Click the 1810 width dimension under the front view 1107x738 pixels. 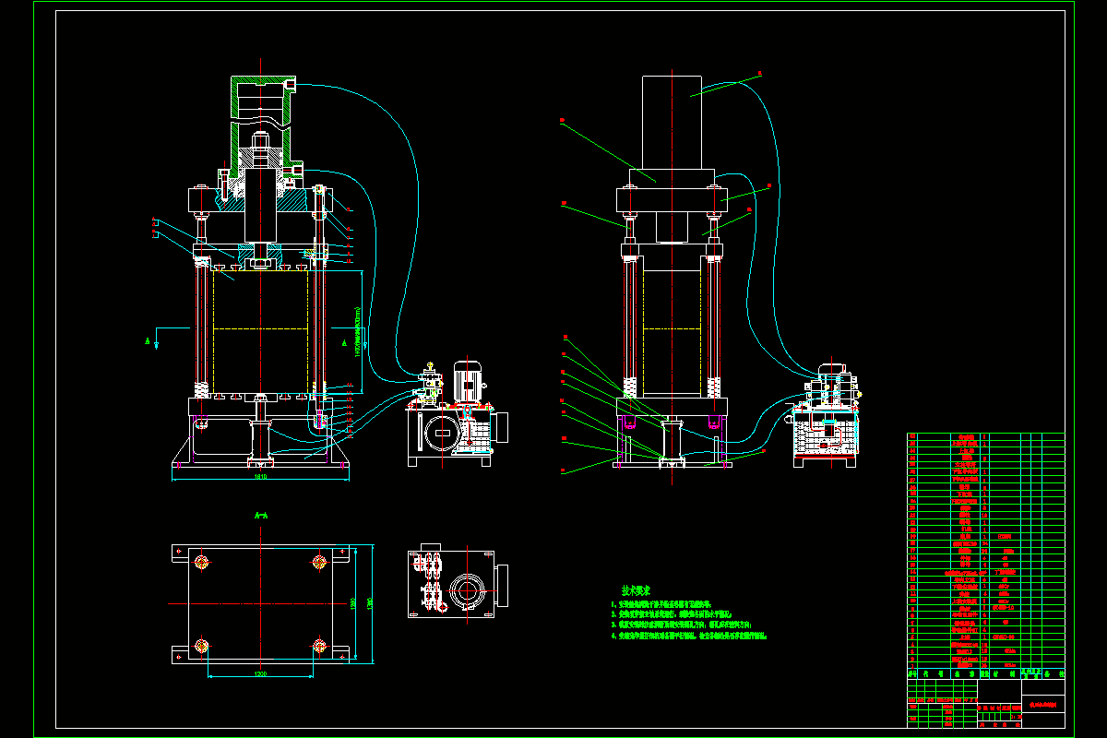(x=260, y=477)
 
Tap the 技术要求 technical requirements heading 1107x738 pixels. (x=637, y=589)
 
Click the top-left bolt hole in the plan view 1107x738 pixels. (x=203, y=561)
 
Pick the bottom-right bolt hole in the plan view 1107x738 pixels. (x=319, y=645)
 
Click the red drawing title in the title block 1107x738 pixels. (x=1042, y=703)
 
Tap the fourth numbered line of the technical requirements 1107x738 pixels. (x=692, y=637)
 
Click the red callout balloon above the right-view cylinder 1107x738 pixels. (x=758, y=73)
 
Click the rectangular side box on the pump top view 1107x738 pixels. (x=503, y=585)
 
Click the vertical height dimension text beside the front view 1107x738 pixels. (x=356, y=332)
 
